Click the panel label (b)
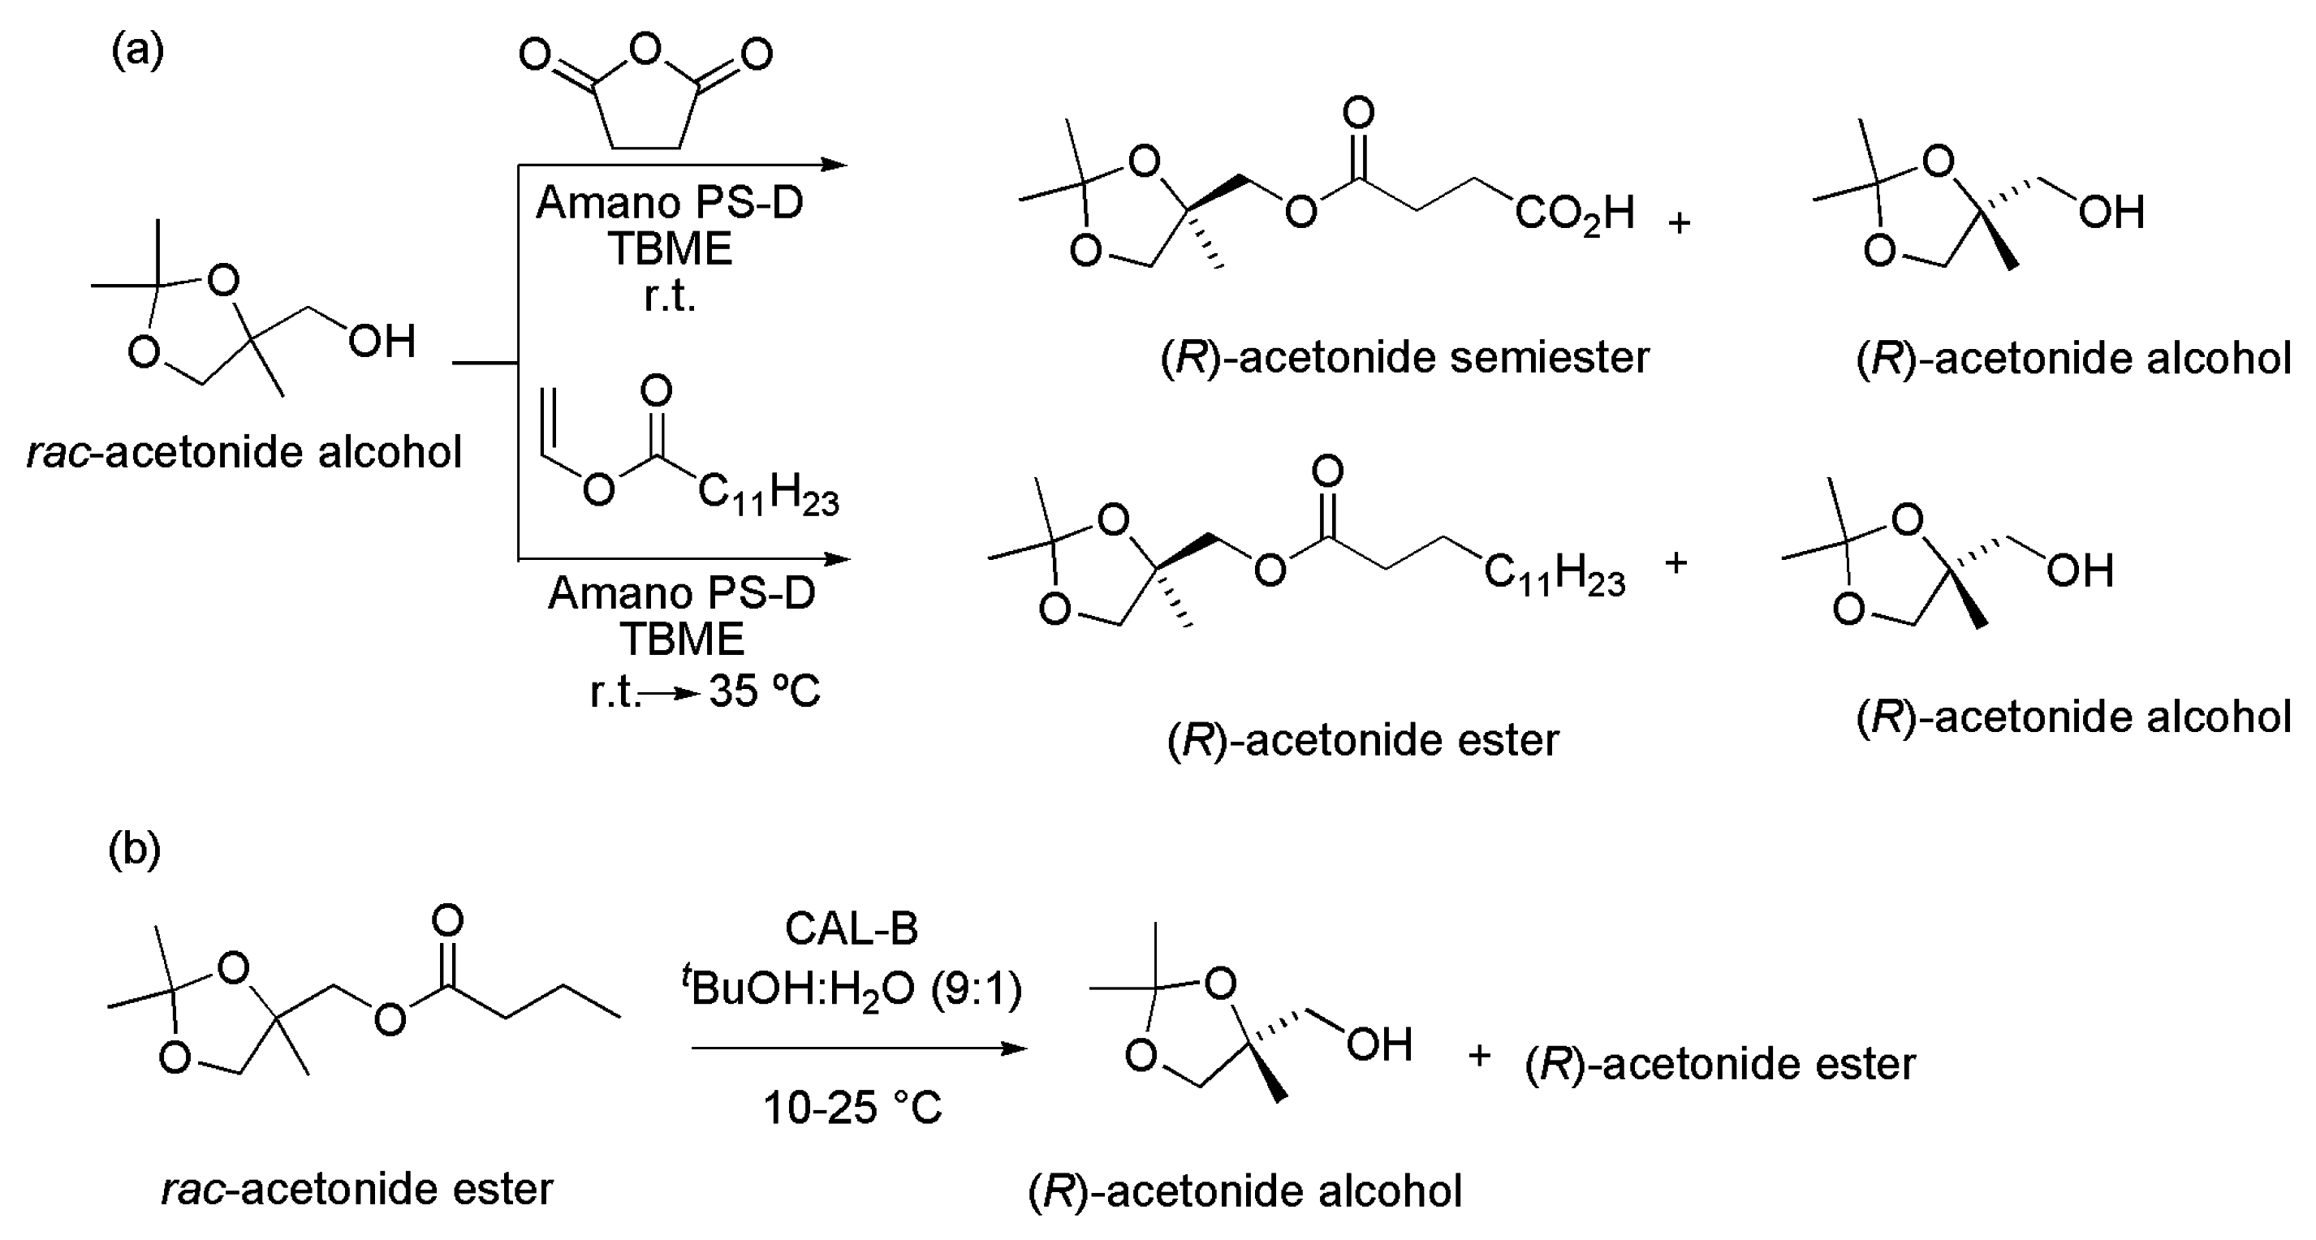134,849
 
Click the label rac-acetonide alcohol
244,452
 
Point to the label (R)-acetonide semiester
1404,358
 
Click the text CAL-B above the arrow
852,928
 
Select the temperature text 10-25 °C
852,1107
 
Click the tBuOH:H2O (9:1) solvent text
852,990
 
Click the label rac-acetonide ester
357,1189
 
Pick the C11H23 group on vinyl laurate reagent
768,495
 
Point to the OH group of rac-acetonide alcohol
382,342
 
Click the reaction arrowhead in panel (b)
1016,1048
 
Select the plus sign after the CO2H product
1680,222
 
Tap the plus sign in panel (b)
1479,1055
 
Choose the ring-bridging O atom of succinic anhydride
645,50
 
